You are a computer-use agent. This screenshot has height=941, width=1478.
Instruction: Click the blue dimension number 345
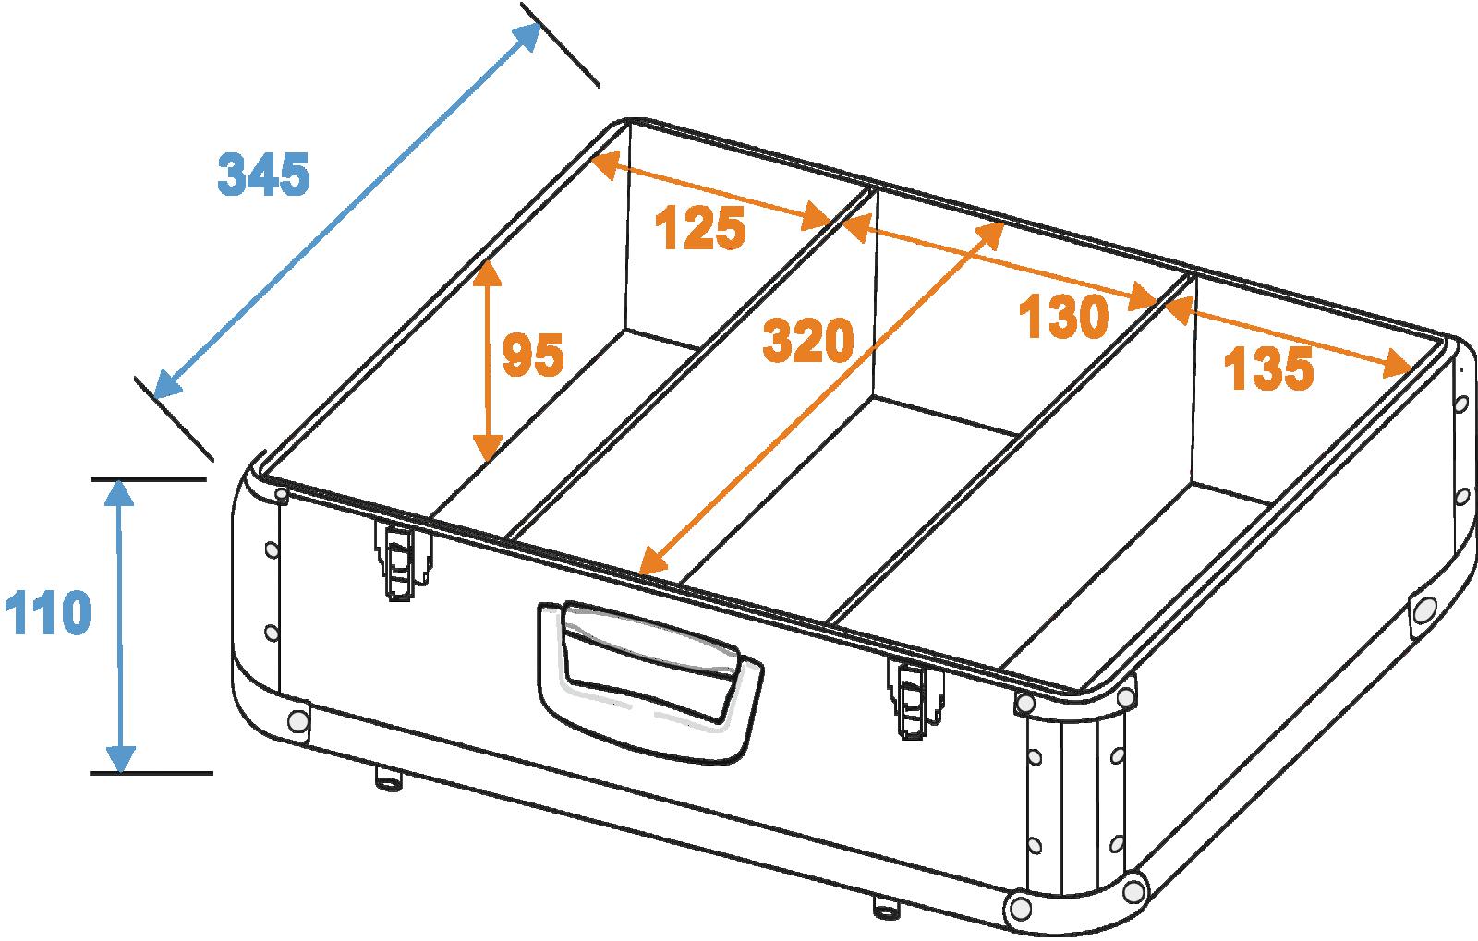pyautogui.click(x=264, y=175)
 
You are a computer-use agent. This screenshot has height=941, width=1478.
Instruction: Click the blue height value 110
pyautogui.click(x=47, y=612)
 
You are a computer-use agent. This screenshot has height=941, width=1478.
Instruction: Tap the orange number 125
pyautogui.click(x=700, y=228)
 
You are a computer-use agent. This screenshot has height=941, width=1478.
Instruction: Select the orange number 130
pyautogui.click(x=1063, y=317)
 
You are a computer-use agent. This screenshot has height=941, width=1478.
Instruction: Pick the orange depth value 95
pyautogui.click(x=533, y=355)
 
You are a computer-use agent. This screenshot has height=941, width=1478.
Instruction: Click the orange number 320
pyautogui.click(x=808, y=340)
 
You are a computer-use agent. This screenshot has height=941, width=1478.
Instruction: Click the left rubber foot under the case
pyautogui.click(x=389, y=778)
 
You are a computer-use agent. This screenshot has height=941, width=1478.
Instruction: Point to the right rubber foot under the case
pyautogui.click(x=887, y=908)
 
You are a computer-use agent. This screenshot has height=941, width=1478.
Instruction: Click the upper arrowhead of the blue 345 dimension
pyautogui.click(x=527, y=34)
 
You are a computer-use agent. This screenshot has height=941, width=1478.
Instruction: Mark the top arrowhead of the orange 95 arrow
pyautogui.click(x=488, y=271)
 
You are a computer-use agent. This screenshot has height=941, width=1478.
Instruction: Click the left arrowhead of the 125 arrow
pyautogui.click(x=605, y=164)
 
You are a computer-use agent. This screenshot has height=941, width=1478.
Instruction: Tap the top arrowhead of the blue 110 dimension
pyautogui.click(x=119, y=492)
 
